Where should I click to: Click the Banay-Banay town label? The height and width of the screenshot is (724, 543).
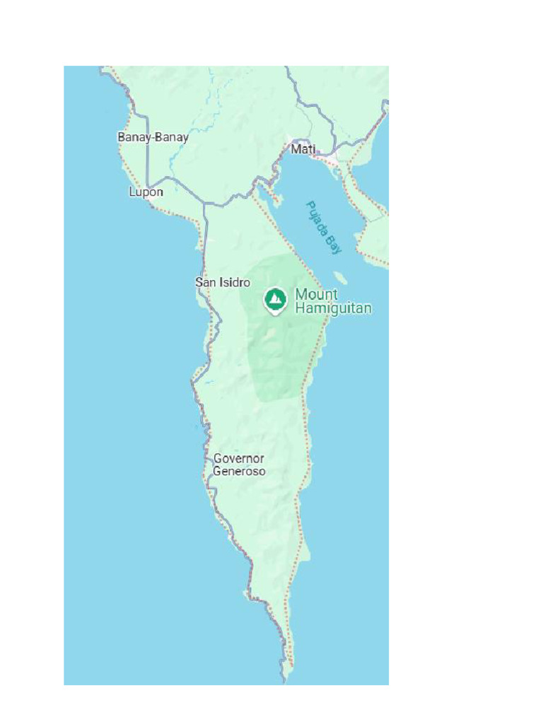tap(153, 137)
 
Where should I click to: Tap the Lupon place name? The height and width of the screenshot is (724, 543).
tap(146, 192)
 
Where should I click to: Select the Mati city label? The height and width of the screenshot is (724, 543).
tap(303, 149)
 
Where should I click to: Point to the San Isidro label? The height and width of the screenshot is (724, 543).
tap(223, 282)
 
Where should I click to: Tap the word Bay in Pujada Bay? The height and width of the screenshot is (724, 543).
tap(334, 245)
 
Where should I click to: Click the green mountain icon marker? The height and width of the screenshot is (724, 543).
tap(275, 300)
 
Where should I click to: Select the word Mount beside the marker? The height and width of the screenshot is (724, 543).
tap(316, 294)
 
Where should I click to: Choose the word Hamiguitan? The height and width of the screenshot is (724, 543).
tap(333, 308)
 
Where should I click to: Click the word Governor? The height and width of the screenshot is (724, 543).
tap(239, 458)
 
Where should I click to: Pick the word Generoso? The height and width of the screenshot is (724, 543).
tap(239, 471)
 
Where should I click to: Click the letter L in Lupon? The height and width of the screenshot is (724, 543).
tap(132, 192)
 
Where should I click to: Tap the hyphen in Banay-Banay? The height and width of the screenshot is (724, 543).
tap(153, 137)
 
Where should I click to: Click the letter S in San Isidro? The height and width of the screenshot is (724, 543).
tap(199, 282)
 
